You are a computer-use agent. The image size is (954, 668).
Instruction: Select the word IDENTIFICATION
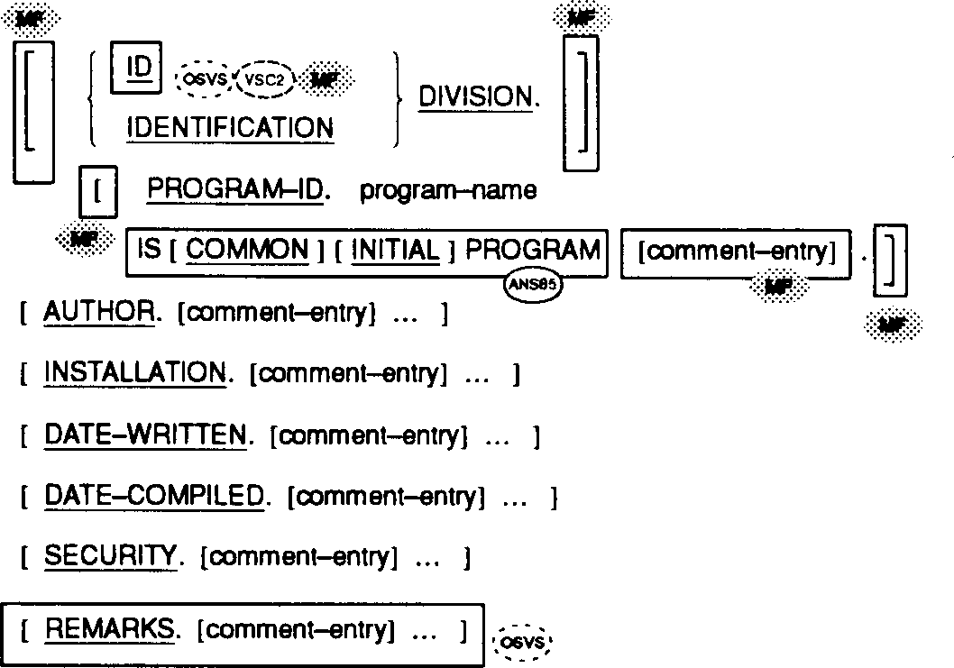230,128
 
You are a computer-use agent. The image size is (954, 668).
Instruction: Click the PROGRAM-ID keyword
237,191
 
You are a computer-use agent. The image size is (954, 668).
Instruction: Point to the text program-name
448,191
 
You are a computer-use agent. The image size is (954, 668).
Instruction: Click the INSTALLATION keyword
134,373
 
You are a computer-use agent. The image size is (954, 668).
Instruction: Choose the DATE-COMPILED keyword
154,495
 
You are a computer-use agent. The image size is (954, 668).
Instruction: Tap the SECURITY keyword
110,557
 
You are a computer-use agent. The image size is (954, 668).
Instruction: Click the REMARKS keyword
109,630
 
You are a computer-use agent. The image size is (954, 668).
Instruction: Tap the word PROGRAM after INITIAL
532,250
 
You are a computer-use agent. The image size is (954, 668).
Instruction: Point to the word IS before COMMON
150,250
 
